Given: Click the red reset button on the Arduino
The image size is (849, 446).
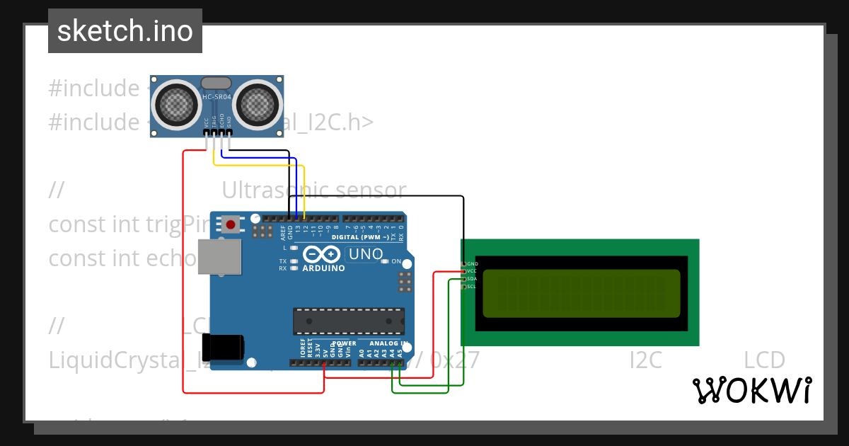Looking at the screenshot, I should tap(230, 225).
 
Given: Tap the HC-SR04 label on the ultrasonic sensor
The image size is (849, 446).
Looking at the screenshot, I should tap(216, 97).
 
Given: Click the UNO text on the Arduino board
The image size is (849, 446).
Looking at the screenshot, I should tap(366, 254).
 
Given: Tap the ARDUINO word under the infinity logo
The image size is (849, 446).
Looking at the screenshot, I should tap(323, 269).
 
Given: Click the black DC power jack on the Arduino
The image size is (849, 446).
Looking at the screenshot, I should tap(228, 347).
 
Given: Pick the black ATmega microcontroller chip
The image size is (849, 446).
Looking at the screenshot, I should tap(349, 321).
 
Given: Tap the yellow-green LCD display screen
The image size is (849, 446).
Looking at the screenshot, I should tap(581, 293).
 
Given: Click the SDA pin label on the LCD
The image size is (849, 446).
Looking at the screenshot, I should tap(472, 279).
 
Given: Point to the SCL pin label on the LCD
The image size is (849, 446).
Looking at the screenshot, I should tap(472, 287).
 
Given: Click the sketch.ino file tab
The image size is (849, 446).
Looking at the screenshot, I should tap(125, 31).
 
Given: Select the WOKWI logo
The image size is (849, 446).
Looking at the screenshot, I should tap(751, 390).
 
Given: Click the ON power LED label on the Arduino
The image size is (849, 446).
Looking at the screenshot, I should tap(396, 261).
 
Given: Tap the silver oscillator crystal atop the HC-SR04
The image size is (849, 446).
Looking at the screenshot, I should tap(216, 83).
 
